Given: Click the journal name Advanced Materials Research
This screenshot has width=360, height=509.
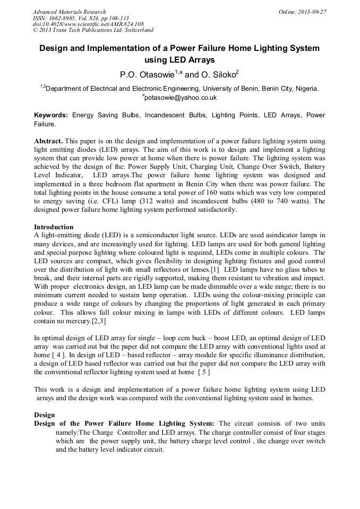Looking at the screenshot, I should coord(69,12).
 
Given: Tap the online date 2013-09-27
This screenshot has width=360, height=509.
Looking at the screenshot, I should coord(311,12).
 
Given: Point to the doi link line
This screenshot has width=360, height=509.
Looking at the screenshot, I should coord(88,24).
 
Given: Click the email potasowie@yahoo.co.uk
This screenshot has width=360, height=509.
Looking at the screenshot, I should coord(181,98).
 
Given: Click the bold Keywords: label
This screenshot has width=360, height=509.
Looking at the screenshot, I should coord(51,115).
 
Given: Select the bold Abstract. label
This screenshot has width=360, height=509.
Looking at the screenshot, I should coord(48,141).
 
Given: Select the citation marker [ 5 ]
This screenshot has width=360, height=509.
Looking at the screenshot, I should coord(203,372).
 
